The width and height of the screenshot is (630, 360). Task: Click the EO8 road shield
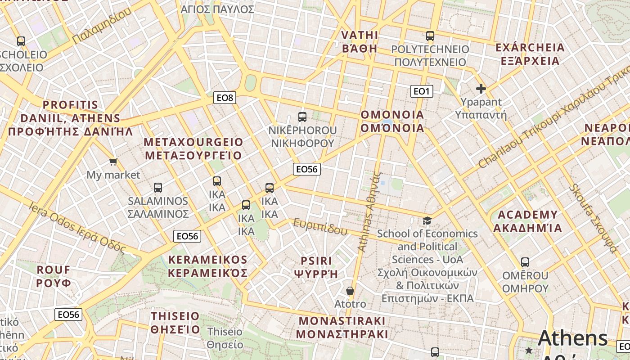pos(225,98)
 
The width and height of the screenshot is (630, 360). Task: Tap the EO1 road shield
pos(421,92)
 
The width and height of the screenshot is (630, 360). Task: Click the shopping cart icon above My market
pos(113,162)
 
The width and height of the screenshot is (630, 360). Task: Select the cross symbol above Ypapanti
pos(481,89)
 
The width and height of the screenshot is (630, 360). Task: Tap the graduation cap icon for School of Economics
pos(427,220)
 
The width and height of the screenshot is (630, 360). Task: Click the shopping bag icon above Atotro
pos(350,291)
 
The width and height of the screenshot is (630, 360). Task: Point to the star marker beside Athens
pos(529,350)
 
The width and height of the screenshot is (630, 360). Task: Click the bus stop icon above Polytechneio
pos(430,36)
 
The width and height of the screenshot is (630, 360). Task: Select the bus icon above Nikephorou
pos(302,117)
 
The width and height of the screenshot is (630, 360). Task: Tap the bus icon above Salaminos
pos(157,188)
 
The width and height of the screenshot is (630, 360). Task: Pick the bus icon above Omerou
pos(525,262)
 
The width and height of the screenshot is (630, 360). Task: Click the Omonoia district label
pos(392,121)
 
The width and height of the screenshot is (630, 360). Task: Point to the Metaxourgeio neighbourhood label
pos(193,149)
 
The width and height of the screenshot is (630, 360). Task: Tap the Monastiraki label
pos(342,328)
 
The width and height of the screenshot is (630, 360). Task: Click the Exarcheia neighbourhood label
pos(530,54)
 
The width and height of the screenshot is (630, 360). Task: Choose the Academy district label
pos(527,221)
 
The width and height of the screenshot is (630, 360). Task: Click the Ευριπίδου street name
pos(320,226)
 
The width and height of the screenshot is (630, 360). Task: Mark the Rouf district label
pos(54,276)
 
